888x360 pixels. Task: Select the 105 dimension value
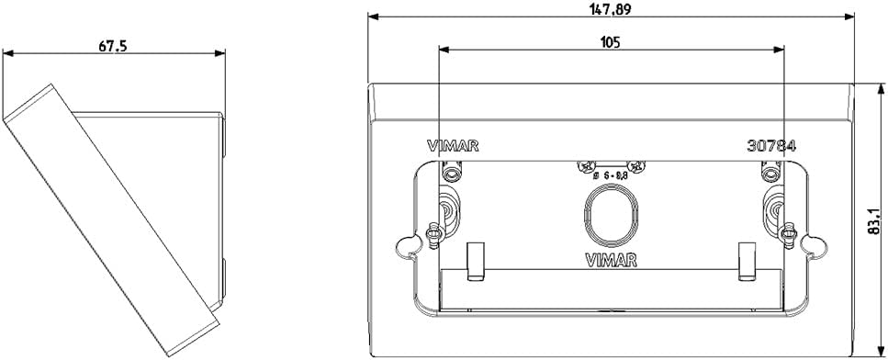pos(610,40)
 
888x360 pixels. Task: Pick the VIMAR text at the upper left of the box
pos(453,145)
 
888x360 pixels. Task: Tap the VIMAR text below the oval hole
pos(611,259)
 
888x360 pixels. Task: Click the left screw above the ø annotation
pos(587,166)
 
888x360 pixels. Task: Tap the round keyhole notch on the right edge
pos(812,244)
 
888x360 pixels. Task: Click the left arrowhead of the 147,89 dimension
pos(373,17)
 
